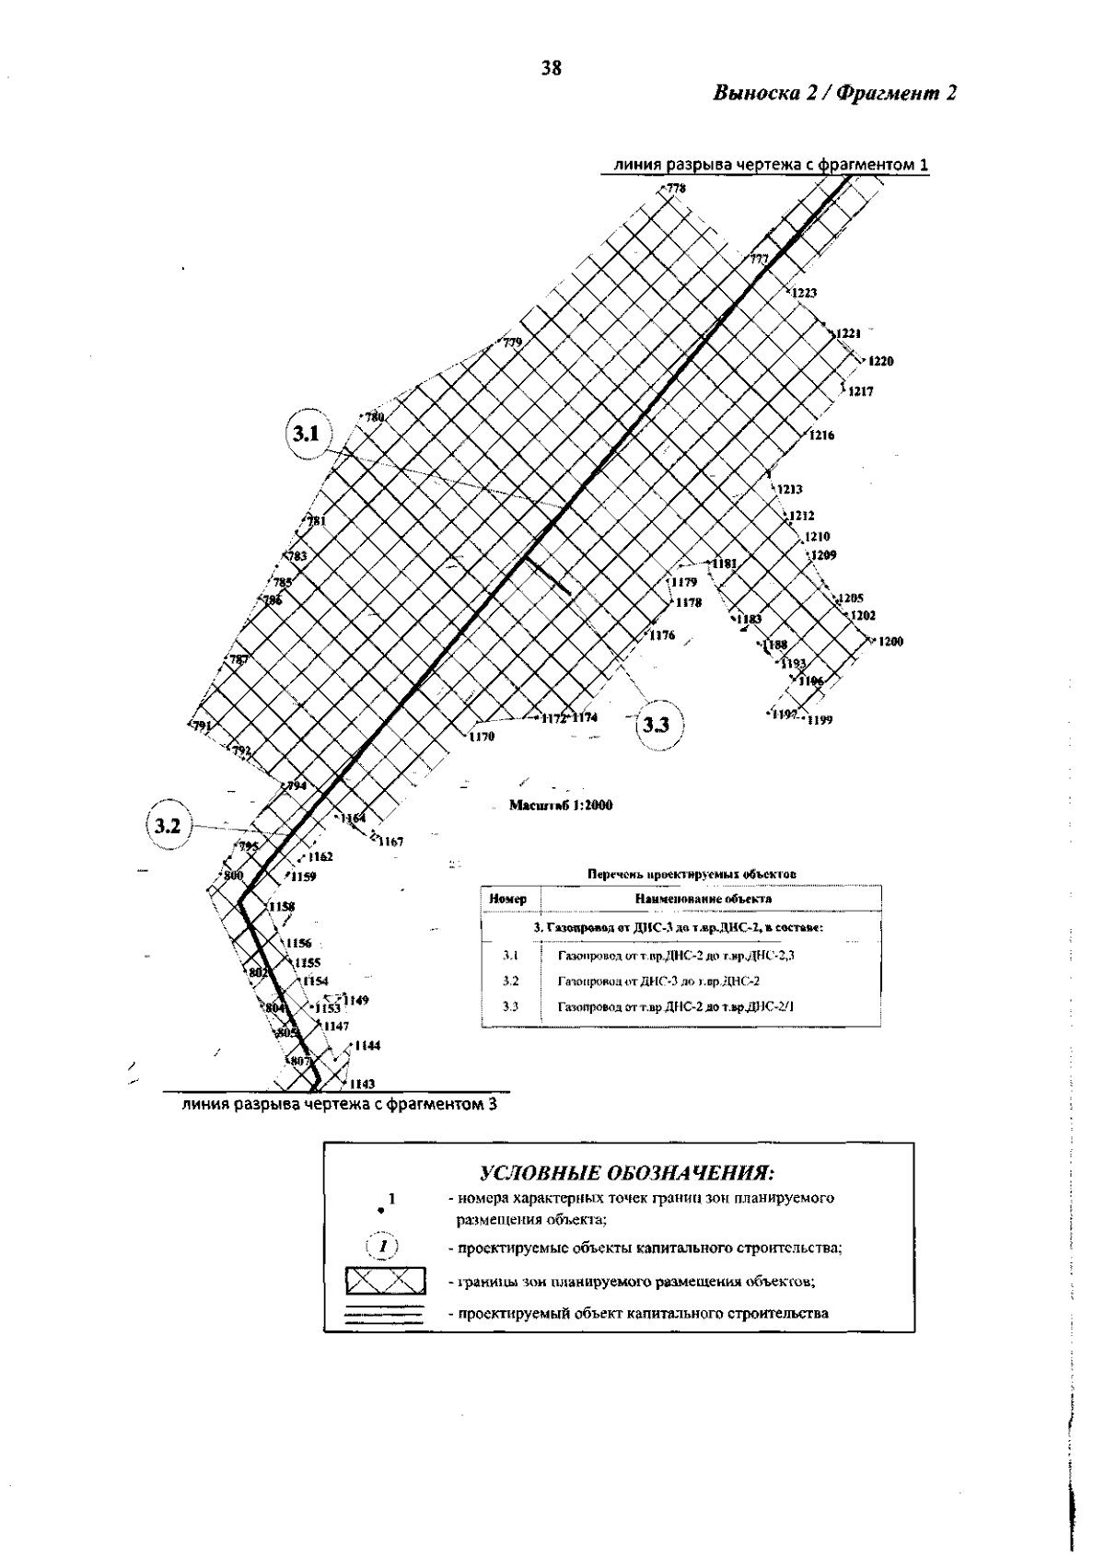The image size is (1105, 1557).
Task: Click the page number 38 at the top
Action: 552,67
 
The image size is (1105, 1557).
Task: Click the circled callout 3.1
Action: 307,434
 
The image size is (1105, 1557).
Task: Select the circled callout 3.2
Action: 167,826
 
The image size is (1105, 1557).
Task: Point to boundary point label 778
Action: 677,189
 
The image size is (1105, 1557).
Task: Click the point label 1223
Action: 804,293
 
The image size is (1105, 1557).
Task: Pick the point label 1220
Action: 880,361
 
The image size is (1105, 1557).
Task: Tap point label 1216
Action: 821,436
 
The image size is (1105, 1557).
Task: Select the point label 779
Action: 511,343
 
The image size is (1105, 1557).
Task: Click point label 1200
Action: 890,642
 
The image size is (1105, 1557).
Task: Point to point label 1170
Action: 482,737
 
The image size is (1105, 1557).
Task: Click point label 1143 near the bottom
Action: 363,1084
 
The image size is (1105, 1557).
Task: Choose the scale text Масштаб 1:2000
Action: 561,806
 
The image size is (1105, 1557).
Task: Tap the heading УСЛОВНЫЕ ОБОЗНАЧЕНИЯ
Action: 626,1174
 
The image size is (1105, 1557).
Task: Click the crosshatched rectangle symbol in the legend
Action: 385,1282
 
